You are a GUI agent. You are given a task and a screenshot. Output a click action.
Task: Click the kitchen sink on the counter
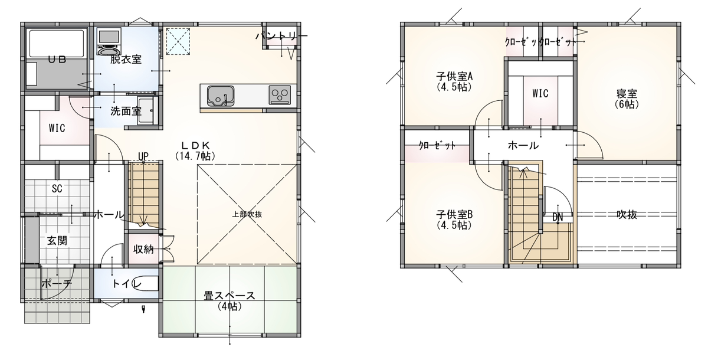click(x=221, y=96)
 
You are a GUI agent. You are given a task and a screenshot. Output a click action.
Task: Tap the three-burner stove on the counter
click(x=280, y=95)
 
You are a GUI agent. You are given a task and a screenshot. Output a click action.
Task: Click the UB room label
click(x=57, y=59)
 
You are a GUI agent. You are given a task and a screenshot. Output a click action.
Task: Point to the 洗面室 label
click(x=126, y=111)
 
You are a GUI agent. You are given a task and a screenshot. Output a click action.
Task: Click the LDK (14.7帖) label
click(x=195, y=150)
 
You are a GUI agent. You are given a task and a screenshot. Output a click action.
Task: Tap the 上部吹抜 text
click(x=247, y=214)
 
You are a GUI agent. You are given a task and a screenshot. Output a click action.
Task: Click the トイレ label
click(x=127, y=283)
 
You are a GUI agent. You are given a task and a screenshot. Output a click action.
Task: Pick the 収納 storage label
click(x=143, y=250)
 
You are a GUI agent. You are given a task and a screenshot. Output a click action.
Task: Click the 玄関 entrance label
click(x=57, y=241)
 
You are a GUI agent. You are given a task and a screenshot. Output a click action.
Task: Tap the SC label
click(x=57, y=189)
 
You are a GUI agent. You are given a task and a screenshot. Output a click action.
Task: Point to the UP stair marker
click(x=143, y=156)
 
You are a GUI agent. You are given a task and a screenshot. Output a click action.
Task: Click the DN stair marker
click(x=558, y=217)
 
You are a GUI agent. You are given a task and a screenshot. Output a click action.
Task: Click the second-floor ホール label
click(x=523, y=145)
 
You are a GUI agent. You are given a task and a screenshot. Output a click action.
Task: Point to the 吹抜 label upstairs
click(x=627, y=215)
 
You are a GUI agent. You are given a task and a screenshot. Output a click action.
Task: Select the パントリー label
click(x=281, y=37)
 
